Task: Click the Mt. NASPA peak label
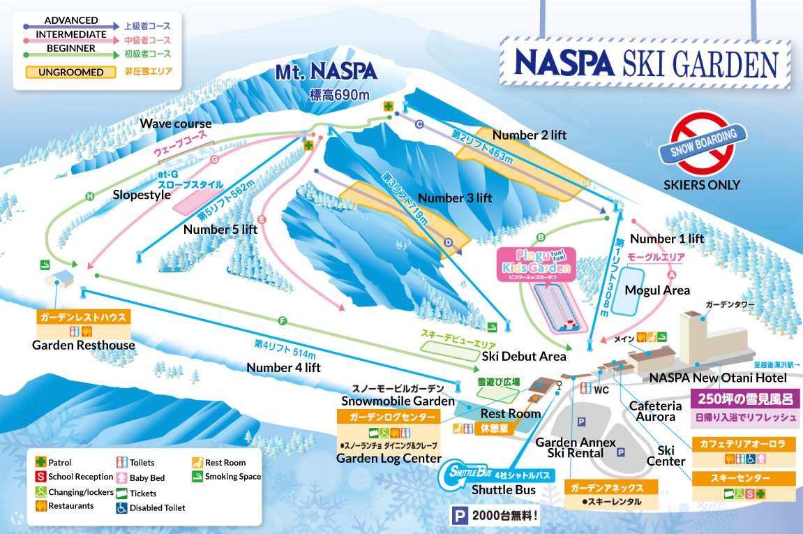coord(325,71)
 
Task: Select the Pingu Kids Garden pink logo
coord(536,264)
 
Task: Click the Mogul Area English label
coord(656,290)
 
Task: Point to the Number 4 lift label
coord(283,367)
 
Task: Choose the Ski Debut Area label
coord(523,356)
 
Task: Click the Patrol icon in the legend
coord(42,462)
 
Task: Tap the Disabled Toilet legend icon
coord(122,507)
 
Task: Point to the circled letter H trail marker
coord(89,197)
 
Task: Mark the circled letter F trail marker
coord(283,321)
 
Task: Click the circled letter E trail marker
coord(262,219)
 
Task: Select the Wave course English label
coord(176,124)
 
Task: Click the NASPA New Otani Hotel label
coord(718,378)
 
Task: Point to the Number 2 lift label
coord(529,135)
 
